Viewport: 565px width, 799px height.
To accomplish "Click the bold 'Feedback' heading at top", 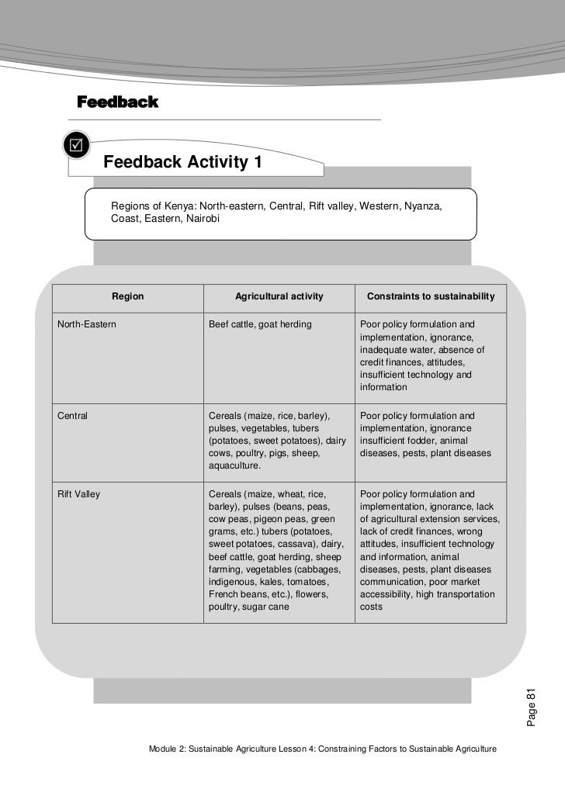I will click(117, 102).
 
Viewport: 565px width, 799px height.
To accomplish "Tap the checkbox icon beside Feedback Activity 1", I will click(77, 144).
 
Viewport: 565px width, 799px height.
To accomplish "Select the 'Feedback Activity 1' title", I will click(182, 163).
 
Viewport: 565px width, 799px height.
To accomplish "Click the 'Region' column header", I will click(127, 296).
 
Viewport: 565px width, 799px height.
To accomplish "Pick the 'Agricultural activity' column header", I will click(279, 296).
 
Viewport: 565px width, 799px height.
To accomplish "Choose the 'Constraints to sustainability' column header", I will click(430, 296).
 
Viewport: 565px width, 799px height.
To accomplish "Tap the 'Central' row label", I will click(73, 416).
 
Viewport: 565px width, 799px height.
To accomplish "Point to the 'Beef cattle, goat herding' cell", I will click(260, 323).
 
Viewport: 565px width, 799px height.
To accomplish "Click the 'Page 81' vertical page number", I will click(531, 707).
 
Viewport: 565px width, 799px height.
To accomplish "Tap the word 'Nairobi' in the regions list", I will click(207, 220).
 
